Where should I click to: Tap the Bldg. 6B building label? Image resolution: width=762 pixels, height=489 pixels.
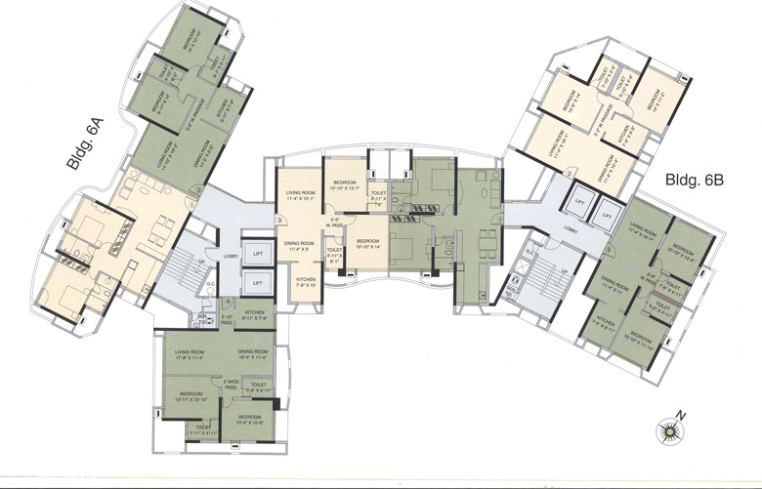pyautogui.click(x=693, y=181)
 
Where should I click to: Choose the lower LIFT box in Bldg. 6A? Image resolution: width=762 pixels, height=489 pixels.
pyautogui.click(x=257, y=282)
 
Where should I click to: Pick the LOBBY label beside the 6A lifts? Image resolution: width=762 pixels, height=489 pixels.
pyautogui.click(x=231, y=258)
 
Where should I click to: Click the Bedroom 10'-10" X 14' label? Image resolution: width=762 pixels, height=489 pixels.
pyautogui.click(x=367, y=244)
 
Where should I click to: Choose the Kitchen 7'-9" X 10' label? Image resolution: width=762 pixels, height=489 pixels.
pyautogui.click(x=306, y=282)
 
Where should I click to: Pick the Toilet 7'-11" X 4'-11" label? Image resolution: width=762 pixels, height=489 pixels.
pyautogui.click(x=204, y=428)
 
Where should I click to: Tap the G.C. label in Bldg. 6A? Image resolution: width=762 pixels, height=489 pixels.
pyautogui.click(x=209, y=286)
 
